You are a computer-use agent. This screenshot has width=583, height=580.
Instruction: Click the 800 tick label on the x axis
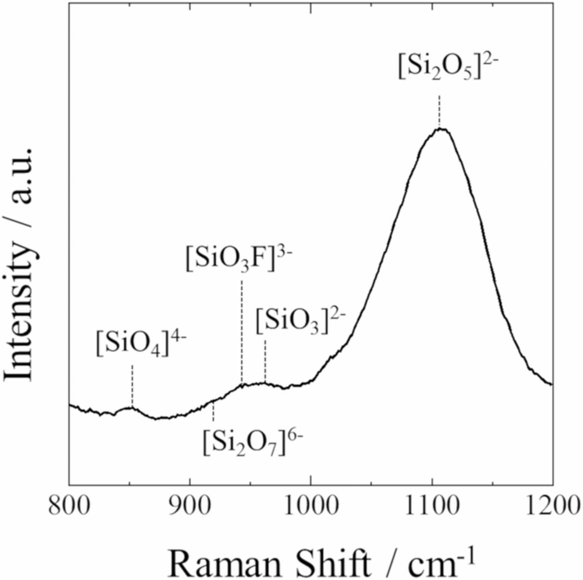pyautogui.click(x=69, y=506)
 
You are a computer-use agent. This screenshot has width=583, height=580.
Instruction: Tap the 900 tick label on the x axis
pyautogui.click(x=189, y=506)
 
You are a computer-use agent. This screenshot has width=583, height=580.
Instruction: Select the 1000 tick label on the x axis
pyautogui.click(x=310, y=506)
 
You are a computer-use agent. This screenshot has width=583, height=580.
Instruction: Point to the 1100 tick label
pyautogui.click(x=432, y=506)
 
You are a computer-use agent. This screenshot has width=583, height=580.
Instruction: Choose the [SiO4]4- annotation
pyautogui.click(x=142, y=344)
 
